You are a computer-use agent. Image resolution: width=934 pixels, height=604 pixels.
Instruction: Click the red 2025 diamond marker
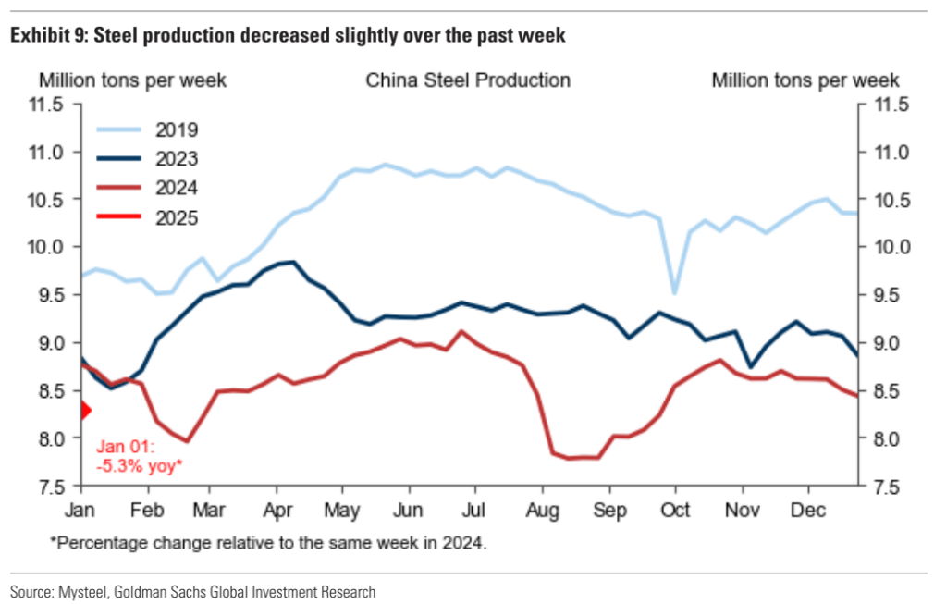[84, 410]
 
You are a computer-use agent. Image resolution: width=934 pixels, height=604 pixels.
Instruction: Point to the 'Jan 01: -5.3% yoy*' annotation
[139, 456]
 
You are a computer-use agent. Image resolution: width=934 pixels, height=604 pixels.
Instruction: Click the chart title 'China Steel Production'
[468, 80]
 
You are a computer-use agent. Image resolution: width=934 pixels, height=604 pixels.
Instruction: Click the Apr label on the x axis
[279, 510]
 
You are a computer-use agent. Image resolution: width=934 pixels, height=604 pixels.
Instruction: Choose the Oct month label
[676, 510]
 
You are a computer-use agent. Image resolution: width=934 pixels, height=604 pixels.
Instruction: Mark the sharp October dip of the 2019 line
[675, 293]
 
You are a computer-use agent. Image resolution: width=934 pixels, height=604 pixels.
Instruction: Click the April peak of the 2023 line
[293, 262]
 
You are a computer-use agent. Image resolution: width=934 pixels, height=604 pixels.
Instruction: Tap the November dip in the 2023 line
[750, 366]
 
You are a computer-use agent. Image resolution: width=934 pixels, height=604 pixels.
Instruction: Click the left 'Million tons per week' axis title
[131, 80]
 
